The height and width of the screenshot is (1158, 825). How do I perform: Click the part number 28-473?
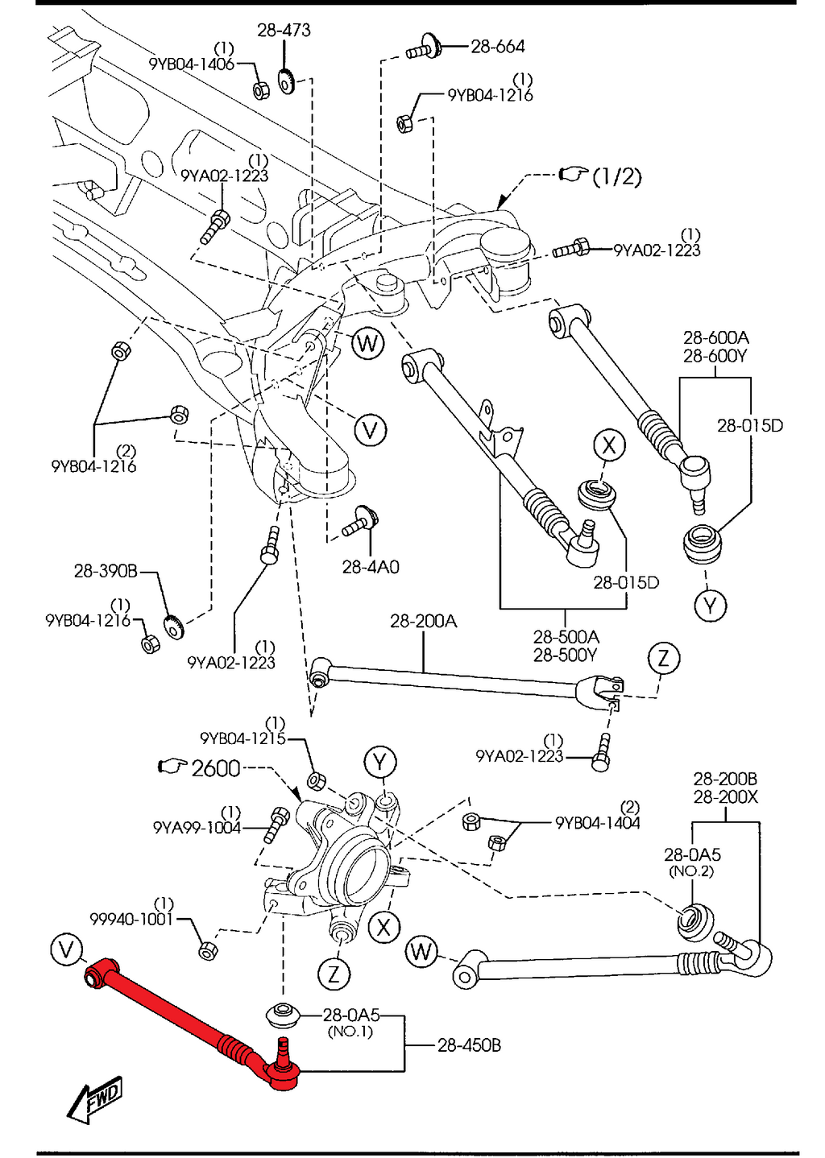[284, 30]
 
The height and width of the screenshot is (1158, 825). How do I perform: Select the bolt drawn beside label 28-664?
[422, 48]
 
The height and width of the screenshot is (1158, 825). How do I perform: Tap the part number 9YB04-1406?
[192, 64]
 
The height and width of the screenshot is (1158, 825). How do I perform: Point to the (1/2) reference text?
[616, 176]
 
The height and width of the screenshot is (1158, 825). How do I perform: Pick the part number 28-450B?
[469, 1045]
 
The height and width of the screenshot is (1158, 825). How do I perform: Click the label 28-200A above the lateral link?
[423, 621]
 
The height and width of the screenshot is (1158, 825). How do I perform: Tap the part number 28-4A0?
[370, 567]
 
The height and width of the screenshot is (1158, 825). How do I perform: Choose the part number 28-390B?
[106, 571]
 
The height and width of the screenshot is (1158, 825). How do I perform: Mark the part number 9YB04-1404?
[597, 823]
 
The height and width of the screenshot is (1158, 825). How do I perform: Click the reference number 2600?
[216, 768]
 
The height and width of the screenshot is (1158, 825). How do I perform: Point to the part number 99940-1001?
[131, 919]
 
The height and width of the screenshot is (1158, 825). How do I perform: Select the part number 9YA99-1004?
[197, 828]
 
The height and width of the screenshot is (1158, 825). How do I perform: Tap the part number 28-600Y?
[715, 356]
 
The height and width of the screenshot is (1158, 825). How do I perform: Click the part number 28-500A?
[566, 637]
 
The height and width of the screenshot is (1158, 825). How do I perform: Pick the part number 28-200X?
[725, 796]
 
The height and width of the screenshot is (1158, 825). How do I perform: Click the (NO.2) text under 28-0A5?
[691, 871]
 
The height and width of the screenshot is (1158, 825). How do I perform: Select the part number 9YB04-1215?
[243, 738]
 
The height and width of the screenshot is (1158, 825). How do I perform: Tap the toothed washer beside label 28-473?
[285, 81]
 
